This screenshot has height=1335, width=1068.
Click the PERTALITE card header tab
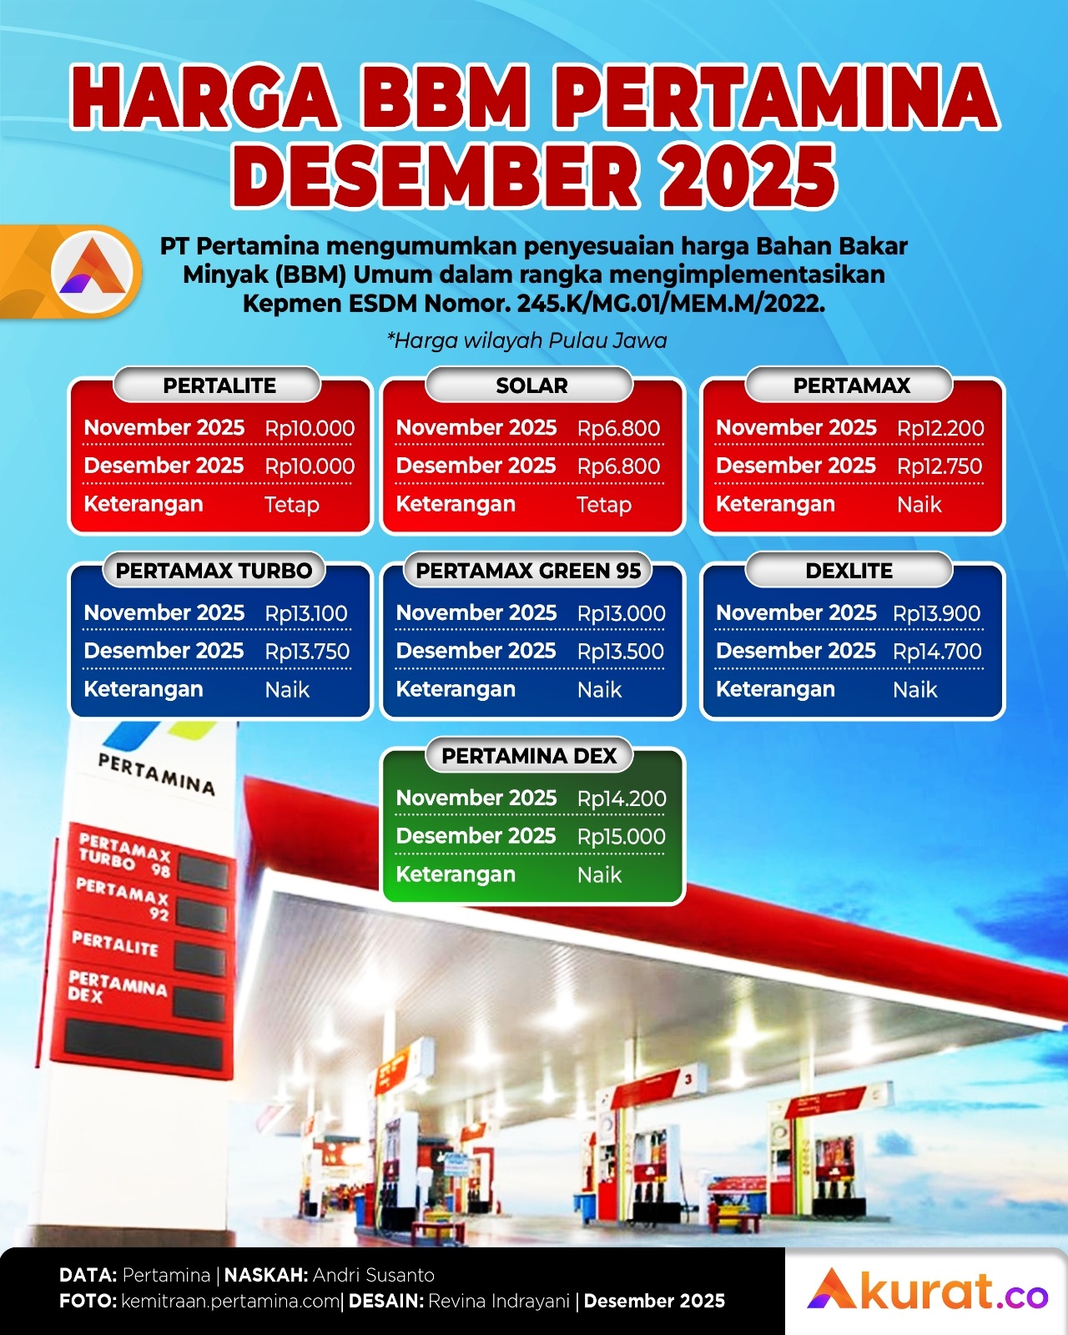point(219,385)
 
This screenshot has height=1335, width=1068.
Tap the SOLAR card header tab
point(531,385)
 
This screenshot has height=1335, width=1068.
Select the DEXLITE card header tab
point(849,571)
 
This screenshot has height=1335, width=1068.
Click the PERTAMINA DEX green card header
point(529,756)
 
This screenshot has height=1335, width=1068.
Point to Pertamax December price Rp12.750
point(940,466)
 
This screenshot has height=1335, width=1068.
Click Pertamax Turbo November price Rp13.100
point(306,613)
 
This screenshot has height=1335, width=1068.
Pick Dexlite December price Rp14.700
point(937,652)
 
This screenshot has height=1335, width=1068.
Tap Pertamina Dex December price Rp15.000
point(621,837)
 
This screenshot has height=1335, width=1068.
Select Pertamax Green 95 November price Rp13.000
point(621,613)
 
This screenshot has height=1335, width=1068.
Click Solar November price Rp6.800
point(618,428)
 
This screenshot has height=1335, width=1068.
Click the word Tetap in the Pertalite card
point(292,505)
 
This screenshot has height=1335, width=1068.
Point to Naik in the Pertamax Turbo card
point(287,690)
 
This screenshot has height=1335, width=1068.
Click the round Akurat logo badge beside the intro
point(93,271)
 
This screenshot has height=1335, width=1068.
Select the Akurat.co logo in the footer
point(927,1291)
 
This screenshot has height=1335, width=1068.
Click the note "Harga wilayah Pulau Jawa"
point(527,340)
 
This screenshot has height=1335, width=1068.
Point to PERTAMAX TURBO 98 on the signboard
point(125,854)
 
